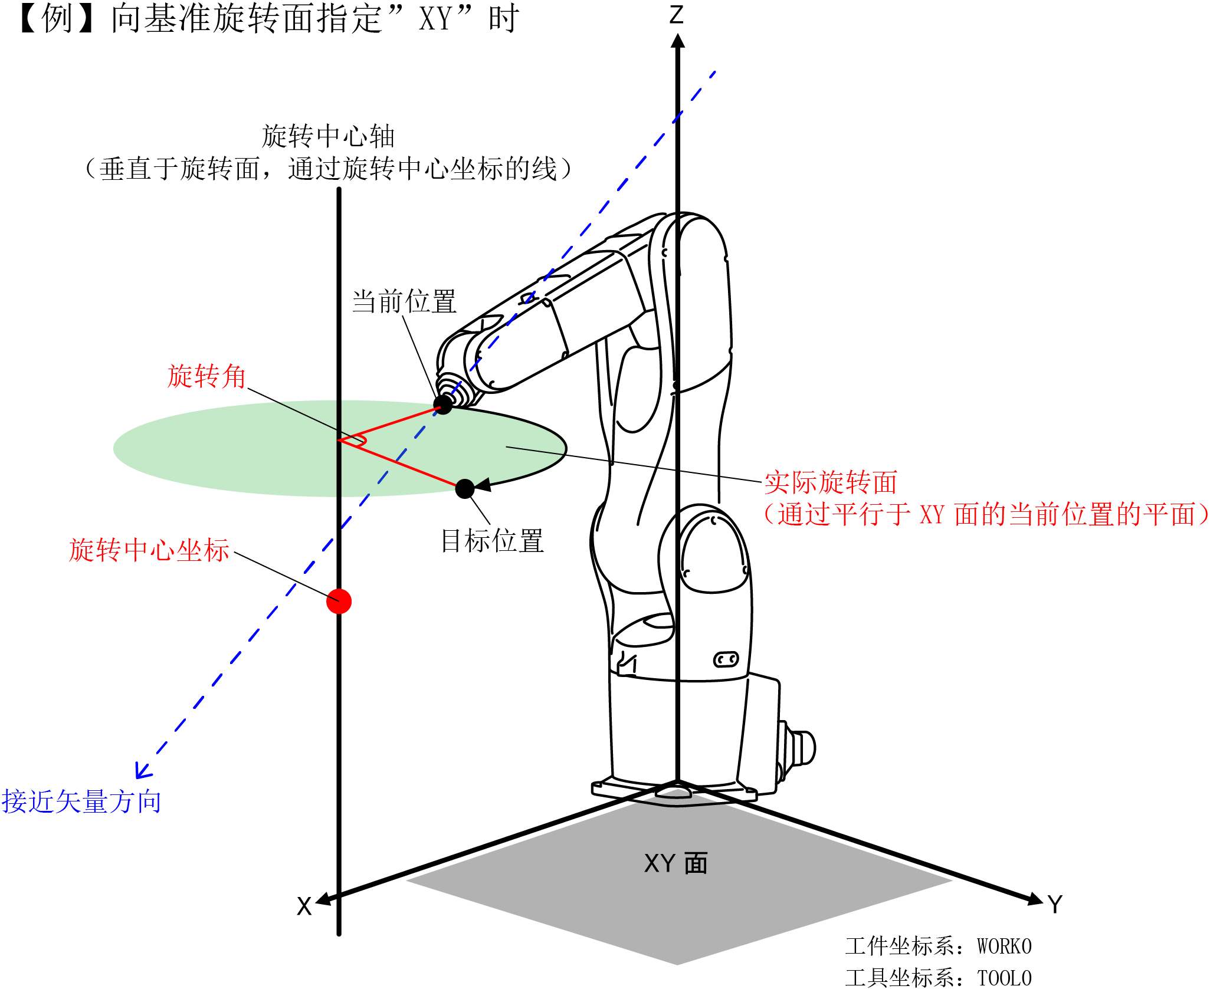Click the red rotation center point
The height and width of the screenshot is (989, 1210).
(339, 601)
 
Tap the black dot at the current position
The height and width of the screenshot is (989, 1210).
(442, 405)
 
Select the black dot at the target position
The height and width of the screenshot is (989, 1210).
(465, 488)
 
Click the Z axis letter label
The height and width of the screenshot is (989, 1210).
(677, 15)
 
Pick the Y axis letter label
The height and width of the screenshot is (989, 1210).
(1055, 904)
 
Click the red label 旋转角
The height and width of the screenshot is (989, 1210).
(206, 376)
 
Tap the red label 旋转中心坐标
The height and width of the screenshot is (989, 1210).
(149, 550)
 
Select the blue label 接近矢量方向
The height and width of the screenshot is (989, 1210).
(81, 801)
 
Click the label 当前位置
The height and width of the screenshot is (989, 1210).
(404, 301)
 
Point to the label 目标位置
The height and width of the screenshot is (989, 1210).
(492, 540)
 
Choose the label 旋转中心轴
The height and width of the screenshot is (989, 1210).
(328, 137)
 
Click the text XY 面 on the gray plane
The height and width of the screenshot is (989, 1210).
(675, 863)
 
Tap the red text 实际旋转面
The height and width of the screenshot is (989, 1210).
(831, 482)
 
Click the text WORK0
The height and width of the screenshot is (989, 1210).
(1004, 947)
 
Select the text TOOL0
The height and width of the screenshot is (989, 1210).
(1004, 978)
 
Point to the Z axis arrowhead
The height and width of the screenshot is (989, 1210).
(678, 41)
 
